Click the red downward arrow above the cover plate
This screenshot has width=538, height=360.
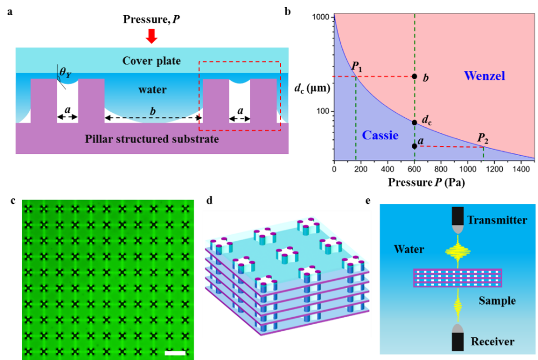151,37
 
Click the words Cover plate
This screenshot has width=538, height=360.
151,60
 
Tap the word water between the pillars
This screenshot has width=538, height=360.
152,89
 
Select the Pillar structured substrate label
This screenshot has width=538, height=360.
152,139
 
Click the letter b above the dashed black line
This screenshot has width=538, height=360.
153,112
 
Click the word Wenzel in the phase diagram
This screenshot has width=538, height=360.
484,76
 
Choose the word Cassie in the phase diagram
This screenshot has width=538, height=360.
380,135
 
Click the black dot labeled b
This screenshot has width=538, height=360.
414,76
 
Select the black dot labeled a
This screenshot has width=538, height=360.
414,146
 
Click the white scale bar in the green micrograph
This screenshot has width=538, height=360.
175,353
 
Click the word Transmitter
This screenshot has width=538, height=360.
497,220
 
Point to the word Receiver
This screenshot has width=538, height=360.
492,341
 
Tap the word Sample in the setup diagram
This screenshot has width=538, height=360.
497,300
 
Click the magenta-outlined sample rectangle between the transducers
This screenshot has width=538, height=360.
457,278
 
